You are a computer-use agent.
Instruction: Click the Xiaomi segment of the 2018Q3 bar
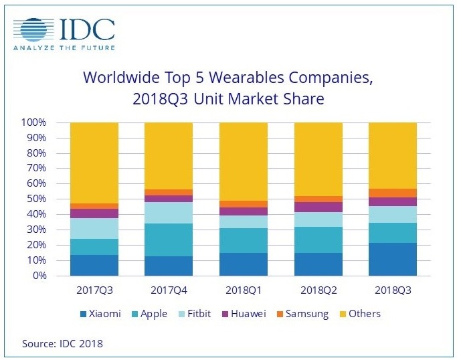(392, 259)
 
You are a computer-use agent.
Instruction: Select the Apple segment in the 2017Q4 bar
(169, 240)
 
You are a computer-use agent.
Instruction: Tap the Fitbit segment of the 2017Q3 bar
(94, 229)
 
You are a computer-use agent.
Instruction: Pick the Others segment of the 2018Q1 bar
(243, 161)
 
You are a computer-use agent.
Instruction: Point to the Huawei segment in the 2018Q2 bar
(318, 207)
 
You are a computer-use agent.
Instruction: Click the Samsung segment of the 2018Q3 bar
(392, 193)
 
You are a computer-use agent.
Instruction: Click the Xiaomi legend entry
(101, 313)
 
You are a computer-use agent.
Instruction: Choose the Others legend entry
(359, 313)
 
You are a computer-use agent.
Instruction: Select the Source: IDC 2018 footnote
(62, 344)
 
